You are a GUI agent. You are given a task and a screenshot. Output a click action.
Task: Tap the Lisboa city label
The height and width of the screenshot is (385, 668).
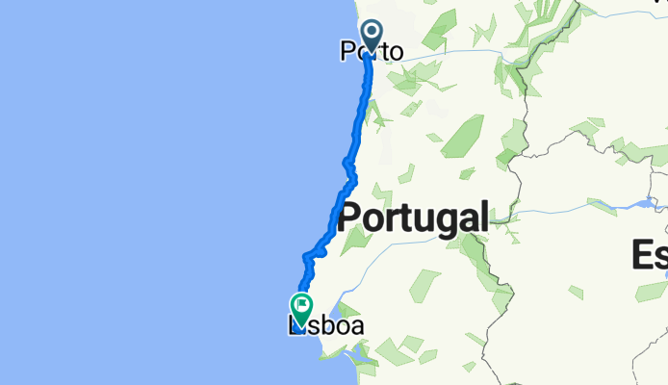327,327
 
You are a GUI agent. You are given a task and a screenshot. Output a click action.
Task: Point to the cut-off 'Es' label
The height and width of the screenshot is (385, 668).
650,255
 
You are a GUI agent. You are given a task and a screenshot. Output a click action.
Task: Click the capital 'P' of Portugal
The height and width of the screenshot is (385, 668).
350,216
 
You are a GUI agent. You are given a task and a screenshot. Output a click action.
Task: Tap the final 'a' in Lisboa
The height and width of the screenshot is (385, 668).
356,328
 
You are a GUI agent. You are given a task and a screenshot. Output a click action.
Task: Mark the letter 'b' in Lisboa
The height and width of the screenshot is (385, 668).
330,327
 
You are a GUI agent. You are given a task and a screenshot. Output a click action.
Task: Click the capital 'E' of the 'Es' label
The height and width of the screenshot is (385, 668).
641,255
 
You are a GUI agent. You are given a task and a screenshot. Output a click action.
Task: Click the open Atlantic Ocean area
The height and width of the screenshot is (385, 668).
144,192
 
